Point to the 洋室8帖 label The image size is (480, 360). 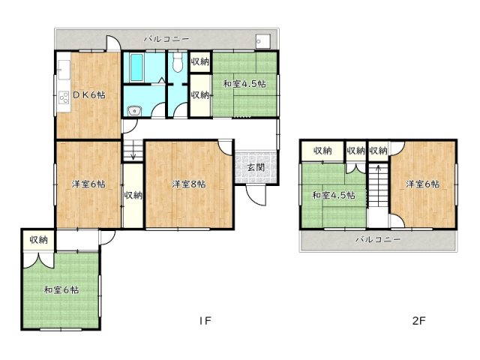[x=187, y=183]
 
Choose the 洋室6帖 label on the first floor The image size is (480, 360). [x=88, y=183]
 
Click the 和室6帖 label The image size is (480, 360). [x=62, y=289]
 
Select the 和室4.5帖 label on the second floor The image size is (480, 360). [x=334, y=196]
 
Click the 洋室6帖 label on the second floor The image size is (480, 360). [x=424, y=183]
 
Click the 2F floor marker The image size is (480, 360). [x=419, y=321]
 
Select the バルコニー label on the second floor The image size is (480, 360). [x=377, y=239]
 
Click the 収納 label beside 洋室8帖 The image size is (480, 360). [x=133, y=196]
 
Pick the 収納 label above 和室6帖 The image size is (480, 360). [x=39, y=240]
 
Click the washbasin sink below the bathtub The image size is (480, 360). [x=133, y=112]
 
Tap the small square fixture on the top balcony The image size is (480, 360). [x=261, y=40]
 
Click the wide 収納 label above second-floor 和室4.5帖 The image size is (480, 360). [x=322, y=151]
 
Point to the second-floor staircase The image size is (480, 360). [x=377, y=191]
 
